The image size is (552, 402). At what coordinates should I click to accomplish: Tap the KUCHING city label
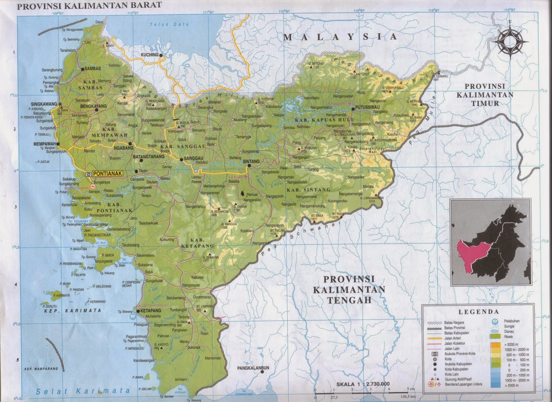tap(149, 55)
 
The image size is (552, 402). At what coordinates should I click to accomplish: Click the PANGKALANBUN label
tap(253, 368)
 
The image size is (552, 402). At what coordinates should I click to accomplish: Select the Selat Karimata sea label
tap(83, 391)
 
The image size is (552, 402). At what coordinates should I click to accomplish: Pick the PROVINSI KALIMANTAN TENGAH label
tap(349, 289)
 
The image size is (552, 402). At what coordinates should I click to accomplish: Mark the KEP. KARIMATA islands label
tap(73, 310)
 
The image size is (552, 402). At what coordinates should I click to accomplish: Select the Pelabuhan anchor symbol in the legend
tap(494, 321)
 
